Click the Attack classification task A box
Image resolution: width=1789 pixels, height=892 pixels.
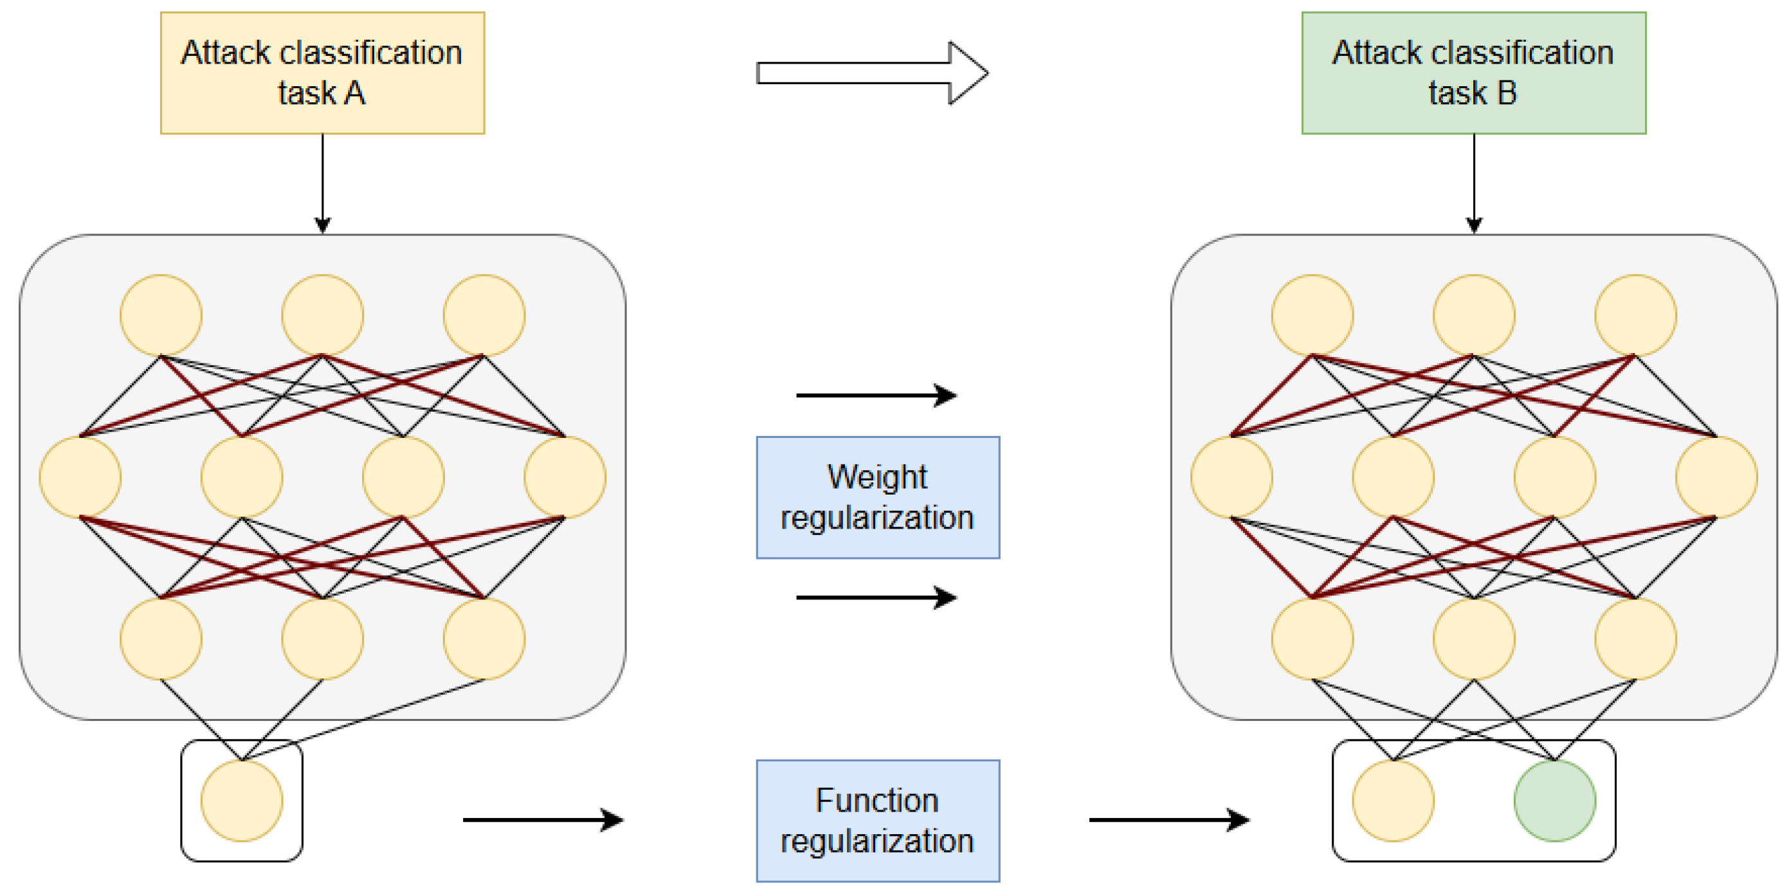coord(322,73)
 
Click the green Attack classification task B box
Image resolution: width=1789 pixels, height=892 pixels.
coord(1473,73)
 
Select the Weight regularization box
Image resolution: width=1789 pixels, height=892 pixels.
coord(878,497)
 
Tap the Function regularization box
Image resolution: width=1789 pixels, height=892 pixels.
coord(878,821)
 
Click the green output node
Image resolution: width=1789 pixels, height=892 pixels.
coord(1554,800)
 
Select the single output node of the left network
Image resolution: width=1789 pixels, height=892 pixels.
coord(242,800)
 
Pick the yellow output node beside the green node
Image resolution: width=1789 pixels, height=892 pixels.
coord(1392,800)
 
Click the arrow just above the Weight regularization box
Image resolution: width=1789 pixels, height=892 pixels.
coord(876,396)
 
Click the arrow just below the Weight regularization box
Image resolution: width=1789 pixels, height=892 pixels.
coord(876,597)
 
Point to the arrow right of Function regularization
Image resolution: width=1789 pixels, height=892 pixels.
coord(1169,820)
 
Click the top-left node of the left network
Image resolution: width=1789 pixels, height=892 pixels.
coord(161,315)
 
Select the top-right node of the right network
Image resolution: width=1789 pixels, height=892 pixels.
coord(1635,315)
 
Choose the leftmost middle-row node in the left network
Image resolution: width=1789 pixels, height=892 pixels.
coord(80,477)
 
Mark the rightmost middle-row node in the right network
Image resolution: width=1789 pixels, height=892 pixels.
coord(1716,477)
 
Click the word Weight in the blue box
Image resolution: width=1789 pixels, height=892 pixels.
coord(876,477)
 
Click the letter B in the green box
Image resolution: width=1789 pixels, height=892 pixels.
coord(1507,93)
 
